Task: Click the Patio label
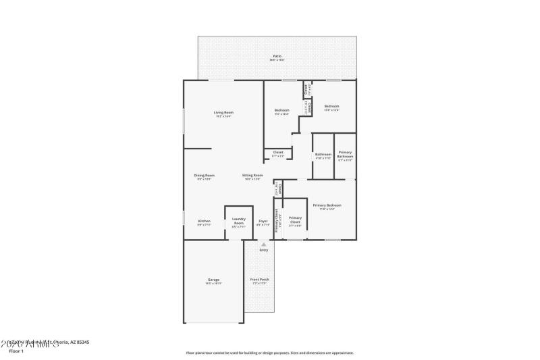click(x=277, y=56)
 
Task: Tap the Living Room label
click(x=223, y=112)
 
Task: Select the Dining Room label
click(x=205, y=175)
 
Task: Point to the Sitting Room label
click(x=252, y=175)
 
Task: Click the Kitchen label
click(x=204, y=221)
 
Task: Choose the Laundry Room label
click(x=238, y=220)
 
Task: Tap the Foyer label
click(x=263, y=221)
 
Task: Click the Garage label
click(x=213, y=280)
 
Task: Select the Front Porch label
click(x=259, y=280)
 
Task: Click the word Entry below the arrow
click(x=263, y=250)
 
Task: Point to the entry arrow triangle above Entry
click(x=263, y=244)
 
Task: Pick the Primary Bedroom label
click(x=327, y=205)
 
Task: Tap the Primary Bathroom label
click(x=345, y=155)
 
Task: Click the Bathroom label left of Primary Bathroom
click(x=323, y=155)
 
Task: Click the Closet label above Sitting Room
click(x=277, y=152)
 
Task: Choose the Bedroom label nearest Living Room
click(x=281, y=110)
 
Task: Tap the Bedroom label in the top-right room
click(x=331, y=106)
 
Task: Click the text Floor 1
click(x=16, y=351)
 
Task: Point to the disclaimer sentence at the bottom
click(x=270, y=353)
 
